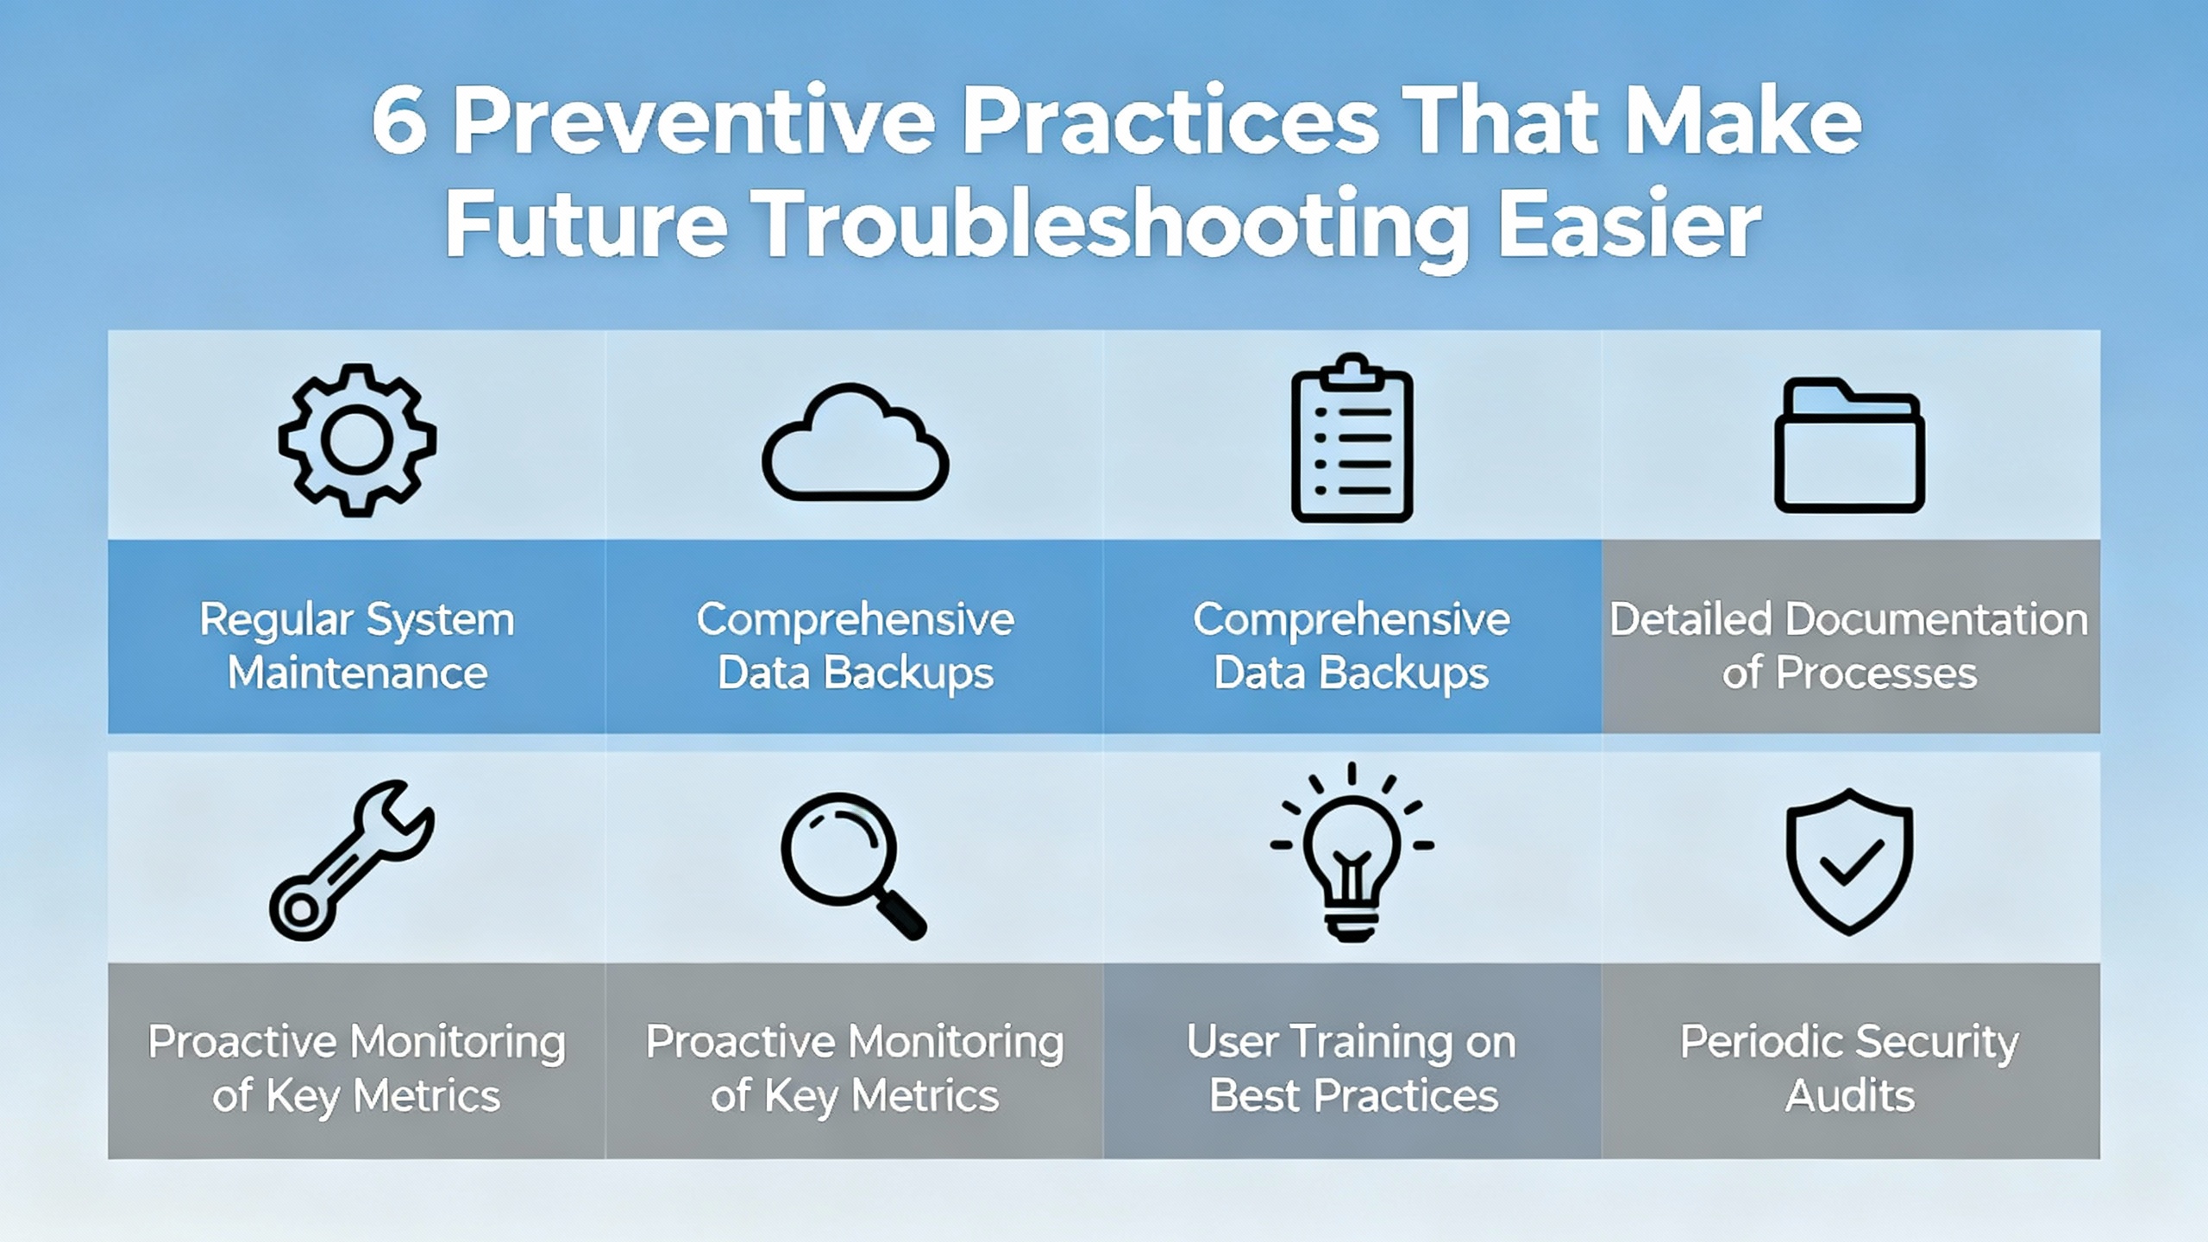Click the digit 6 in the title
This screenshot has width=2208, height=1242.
[x=398, y=122]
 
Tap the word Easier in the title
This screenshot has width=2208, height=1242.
[x=1630, y=224]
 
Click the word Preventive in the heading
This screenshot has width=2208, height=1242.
[x=694, y=122]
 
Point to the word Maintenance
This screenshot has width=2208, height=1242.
[x=357, y=673]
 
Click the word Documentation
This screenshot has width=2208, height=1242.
[x=1935, y=619]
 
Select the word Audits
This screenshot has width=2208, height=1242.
[x=1849, y=1096]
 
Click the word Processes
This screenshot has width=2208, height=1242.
[x=1876, y=673]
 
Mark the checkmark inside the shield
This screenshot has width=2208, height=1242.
[x=1849, y=862]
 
